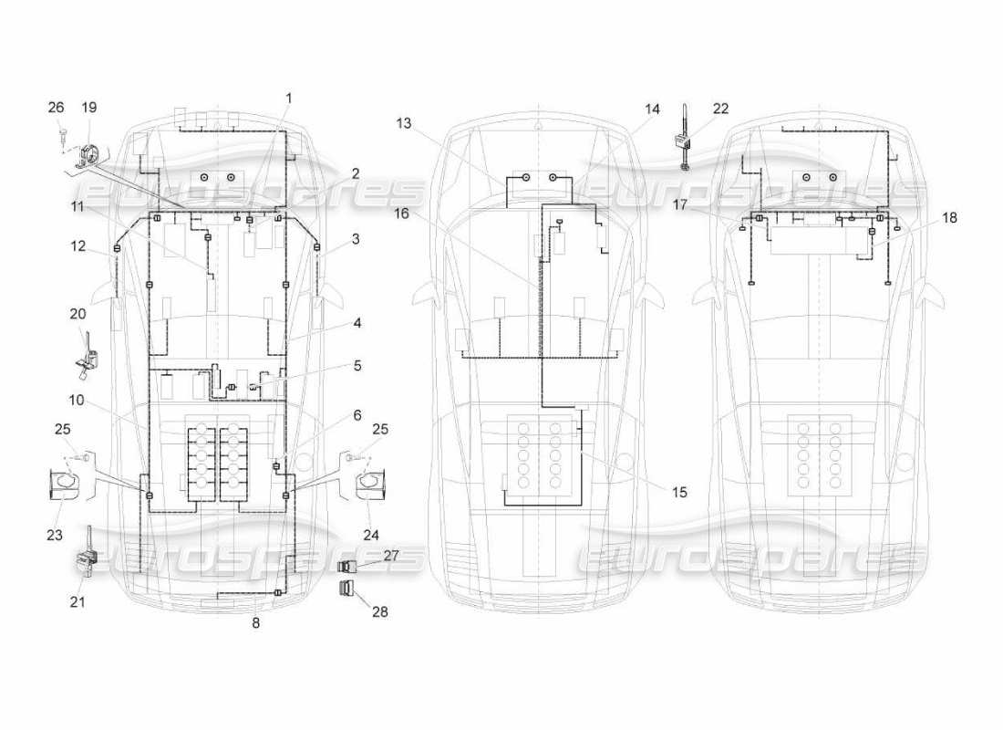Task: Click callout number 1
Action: (288, 99)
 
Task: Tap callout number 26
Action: (57, 107)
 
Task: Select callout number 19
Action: (89, 107)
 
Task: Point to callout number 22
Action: (720, 109)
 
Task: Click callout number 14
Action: (652, 109)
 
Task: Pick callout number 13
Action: (404, 123)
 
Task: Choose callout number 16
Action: (401, 214)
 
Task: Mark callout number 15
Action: (679, 492)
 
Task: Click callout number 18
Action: (950, 218)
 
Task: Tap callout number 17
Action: (679, 205)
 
